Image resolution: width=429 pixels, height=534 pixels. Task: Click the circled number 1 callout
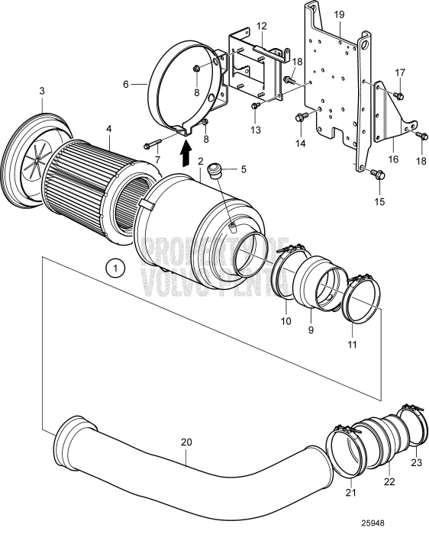[114, 269]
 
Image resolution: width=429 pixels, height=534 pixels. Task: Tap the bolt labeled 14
[299, 117]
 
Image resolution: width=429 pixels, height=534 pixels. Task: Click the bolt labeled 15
[376, 174]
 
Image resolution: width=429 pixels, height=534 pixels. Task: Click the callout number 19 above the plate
[338, 14]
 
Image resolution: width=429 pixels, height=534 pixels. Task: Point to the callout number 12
[261, 25]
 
